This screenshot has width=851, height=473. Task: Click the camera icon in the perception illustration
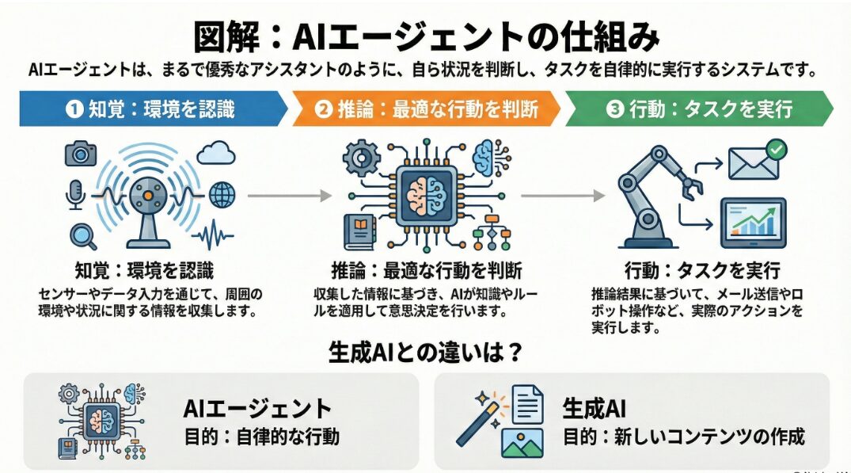[80, 153]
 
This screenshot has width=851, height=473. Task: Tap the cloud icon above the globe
[216, 154]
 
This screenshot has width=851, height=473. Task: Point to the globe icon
[222, 193]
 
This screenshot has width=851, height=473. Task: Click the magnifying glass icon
[82, 235]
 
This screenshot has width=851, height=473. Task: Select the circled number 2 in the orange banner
[322, 109]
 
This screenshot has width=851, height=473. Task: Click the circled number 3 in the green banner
[615, 109]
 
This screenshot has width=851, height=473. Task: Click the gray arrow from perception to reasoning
[288, 194]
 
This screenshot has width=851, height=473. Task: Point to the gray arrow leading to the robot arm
[559, 194]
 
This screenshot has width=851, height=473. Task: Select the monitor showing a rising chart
[752, 221]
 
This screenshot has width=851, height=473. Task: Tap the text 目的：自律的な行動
[261, 437]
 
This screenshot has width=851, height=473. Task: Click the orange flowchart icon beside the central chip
[489, 230]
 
